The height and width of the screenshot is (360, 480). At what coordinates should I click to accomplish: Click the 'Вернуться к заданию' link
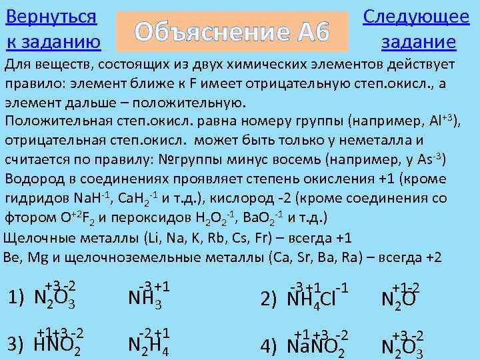(x=53, y=29)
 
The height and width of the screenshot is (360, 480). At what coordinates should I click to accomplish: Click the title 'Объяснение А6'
(x=233, y=31)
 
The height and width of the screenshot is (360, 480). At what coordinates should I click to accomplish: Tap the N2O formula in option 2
(x=399, y=299)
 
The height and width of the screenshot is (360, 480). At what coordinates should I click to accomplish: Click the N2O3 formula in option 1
(x=54, y=298)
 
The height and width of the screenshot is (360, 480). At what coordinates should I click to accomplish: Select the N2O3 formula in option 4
(x=402, y=346)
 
